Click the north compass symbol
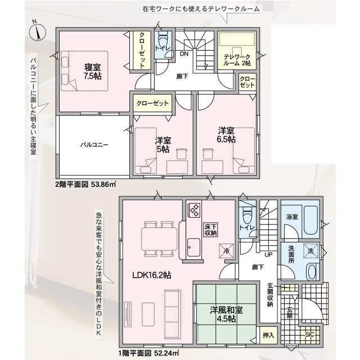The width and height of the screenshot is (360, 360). [x=38, y=31]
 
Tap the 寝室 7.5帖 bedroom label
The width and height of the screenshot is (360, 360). [x=93, y=71]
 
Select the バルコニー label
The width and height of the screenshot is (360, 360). [x=94, y=145]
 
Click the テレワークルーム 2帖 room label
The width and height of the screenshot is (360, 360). [x=237, y=60]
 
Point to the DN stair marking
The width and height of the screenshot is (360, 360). [x=184, y=54]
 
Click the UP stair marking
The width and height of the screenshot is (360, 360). [x=268, y=255]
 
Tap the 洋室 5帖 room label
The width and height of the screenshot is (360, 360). [x=163, y=145]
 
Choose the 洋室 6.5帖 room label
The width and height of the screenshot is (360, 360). [x=226, y=135]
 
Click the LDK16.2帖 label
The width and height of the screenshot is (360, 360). [x=152, y=275]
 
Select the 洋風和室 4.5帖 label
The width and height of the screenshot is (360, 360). [x=226, y=314]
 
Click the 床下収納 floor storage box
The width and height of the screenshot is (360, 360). [x=210, y=230]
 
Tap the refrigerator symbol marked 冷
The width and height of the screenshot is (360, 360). [x=226, y=251]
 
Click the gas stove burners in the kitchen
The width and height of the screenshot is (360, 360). [x=194, y=210]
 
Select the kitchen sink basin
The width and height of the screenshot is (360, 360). [x=193, y=247]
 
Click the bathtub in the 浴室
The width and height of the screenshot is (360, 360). [x=311, y=220]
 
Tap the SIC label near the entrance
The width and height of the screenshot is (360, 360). [x=309, y=335]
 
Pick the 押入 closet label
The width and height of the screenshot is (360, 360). [x=268, y=335]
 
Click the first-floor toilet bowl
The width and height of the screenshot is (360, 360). [x=247, y=214]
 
